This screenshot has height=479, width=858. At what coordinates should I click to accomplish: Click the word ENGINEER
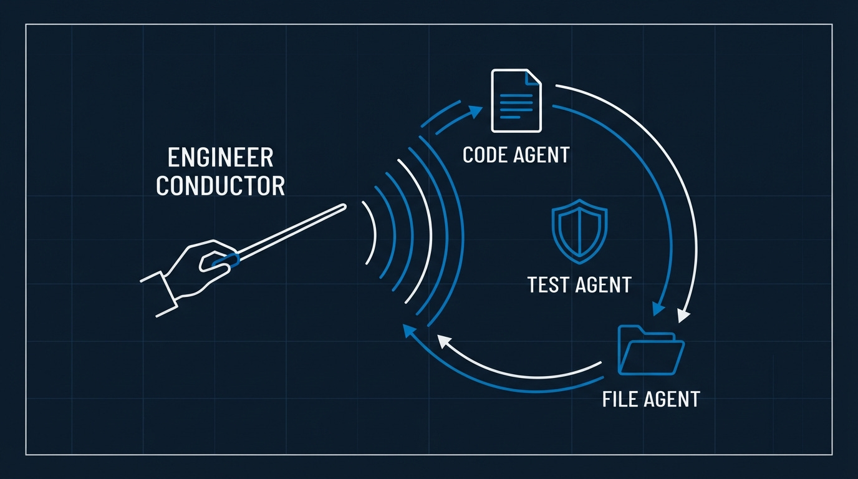tap(221, 158)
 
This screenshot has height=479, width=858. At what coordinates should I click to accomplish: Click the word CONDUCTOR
tap(221, 186)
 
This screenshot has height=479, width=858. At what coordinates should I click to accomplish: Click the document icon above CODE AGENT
tap(516, 101)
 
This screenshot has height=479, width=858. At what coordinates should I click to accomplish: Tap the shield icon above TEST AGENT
tap(579, 231)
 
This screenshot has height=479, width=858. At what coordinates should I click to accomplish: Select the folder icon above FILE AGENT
tap(651, 350)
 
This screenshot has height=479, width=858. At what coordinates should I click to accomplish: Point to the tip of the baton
tap(344, 207)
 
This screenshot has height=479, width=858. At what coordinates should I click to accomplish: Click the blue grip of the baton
tap(226, 260)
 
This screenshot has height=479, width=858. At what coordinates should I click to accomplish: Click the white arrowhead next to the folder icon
tap(683, 316)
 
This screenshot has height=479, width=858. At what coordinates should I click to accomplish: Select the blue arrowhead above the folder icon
tap(658, 309)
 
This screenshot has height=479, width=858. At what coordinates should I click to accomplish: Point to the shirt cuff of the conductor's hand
tap(161, 294)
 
